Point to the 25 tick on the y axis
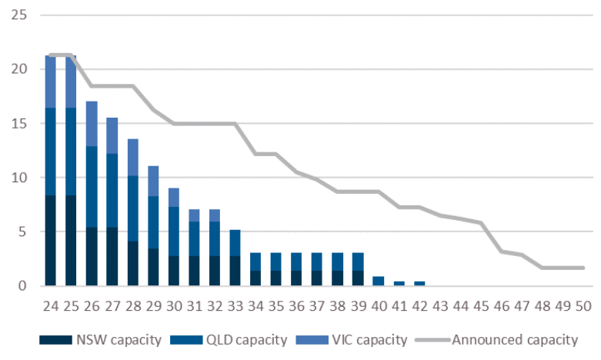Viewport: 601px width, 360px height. (18, 15)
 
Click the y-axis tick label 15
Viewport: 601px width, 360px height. (18, 123)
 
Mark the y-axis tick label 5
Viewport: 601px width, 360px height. (22, 232)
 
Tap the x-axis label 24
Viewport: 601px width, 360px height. (51, 305)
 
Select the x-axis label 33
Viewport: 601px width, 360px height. (235, 305)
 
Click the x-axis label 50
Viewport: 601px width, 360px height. (583, 305)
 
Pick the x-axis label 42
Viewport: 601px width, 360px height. (419, 305)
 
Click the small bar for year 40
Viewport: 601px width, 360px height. (379, 282)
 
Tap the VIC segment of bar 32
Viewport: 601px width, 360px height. (215, 215)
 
